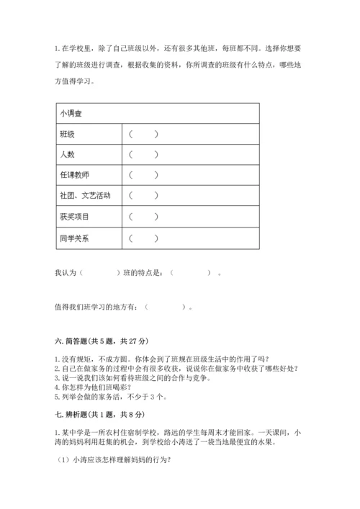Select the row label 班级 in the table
(x=67, y=134)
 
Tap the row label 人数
(x=67, y=154)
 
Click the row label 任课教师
(x=74, y=175)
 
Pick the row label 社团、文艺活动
(x=85, y=196)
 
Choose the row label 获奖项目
(x=74, y=217)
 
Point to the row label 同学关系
(x=74, y=238)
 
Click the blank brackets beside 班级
(x=143, y=134)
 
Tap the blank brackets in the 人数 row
(x=143, y=154)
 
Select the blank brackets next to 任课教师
(x=143, y=175)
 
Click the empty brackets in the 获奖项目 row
(x=143, y=217)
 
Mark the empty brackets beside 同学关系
(x=143, y=238)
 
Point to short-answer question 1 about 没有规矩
(x=163, y=359)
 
